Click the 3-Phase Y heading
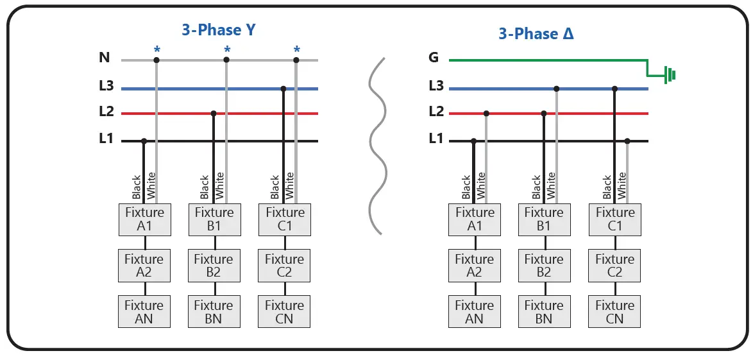point(219,30)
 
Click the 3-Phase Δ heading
point(536,33)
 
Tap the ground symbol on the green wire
point(669,74)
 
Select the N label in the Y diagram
point(105,58)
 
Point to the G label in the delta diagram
point(434,58)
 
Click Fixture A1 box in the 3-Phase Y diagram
point(144,219)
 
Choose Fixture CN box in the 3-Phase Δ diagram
point(614,312)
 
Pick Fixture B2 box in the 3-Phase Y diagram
point(214,266)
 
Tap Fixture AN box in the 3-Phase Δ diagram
point(475,312)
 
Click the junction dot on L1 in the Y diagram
point(144,141)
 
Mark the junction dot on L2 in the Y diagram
point(214,114)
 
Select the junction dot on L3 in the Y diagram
point(283,89)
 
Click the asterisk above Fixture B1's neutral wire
point(226,49)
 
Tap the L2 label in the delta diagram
point(436,112)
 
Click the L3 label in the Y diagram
point(106,85)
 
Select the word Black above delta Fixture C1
point(607,187)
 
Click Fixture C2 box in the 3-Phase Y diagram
point(284,266)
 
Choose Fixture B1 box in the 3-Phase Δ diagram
point(544,219)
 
